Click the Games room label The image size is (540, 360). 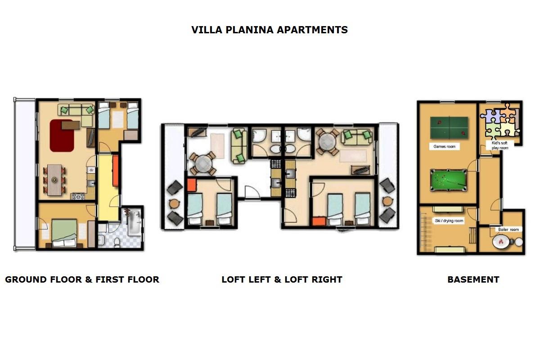coord(444,146)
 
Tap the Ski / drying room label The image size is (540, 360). coord(449,220)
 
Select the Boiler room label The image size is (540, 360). coord(508,229)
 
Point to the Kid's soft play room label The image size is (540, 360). coord(500,145)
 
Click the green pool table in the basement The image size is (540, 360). coord(448,180)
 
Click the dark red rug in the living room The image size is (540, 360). coord(62,135)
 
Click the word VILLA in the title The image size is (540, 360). coord(207,30)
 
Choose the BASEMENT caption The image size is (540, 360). coord(473,280)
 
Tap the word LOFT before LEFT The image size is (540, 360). coord(234,280)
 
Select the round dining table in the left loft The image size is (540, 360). coord(203,163)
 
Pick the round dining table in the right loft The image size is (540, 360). coord(328,141)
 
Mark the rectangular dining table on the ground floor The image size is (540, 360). coord(54,180)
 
